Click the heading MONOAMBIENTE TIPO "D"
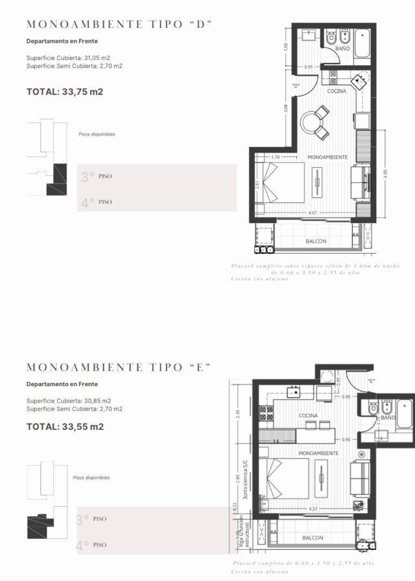pyautogui.click(x=119, y=24)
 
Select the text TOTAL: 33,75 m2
pyautogui.click(x=65, y=91)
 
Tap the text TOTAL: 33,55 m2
pyautogui.click(x=65, y=427)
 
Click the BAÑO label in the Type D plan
pyautogui.click(x=342, y=48)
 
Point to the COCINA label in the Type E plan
pyautogui.click(x=308, y=416)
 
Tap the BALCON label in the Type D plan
pyautogui.click(x=316, y=241)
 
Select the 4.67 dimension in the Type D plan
pyautogui.click(x=312, y=213)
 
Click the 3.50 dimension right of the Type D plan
pyautogui.click(x=385, y=175)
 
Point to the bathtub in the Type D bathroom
pyautogui.click(x=362, y=43)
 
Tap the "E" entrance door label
pyautogui.click(x=371, y=381)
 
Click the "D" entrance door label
pyautogui.click(x=296, y=86)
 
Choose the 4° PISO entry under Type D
pyautogui.click(x=97, y=202)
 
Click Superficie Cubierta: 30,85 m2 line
pyautogui.click(x=68, y=401)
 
